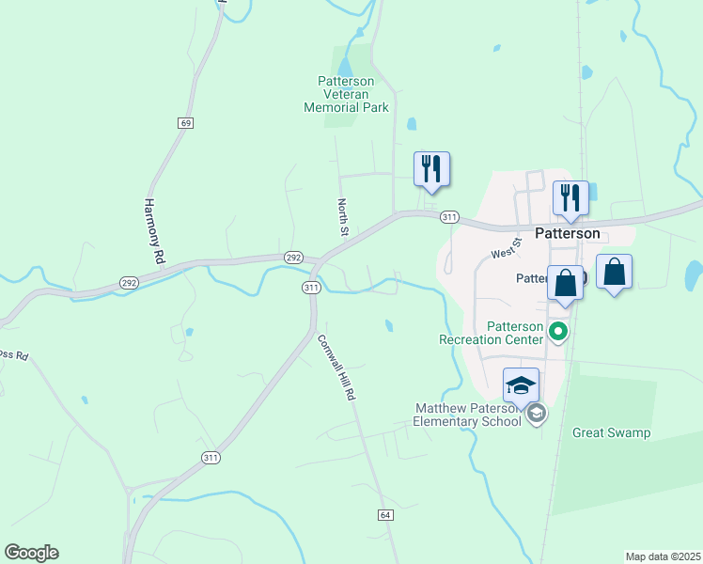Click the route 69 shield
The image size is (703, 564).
(x=186, y=123)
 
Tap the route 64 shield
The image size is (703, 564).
(x=385, y=515)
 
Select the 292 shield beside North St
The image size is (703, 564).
(x=293, y=256)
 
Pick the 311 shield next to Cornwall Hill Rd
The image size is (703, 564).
(x=311, y=287)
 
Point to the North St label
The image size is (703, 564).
(x=344, y=217)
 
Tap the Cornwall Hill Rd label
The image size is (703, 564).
(x=336, y=368)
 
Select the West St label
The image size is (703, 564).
(x=506, y=253)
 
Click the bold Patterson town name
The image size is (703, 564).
(x=568, y=233)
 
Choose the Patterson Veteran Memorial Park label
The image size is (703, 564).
(x=346, y=94)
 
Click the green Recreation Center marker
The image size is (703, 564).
(x=558, y=330)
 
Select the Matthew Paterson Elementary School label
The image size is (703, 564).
(x=468, y=415)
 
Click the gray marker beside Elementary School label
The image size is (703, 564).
(x=537, y=414)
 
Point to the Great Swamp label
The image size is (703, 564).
(x=611, y=433)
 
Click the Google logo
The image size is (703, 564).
(x=31, y=553)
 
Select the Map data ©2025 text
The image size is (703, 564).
(x=663, y=556)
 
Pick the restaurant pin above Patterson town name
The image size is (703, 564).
(x=570, y=198)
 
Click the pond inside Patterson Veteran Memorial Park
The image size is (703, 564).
(x=346, y=67)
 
